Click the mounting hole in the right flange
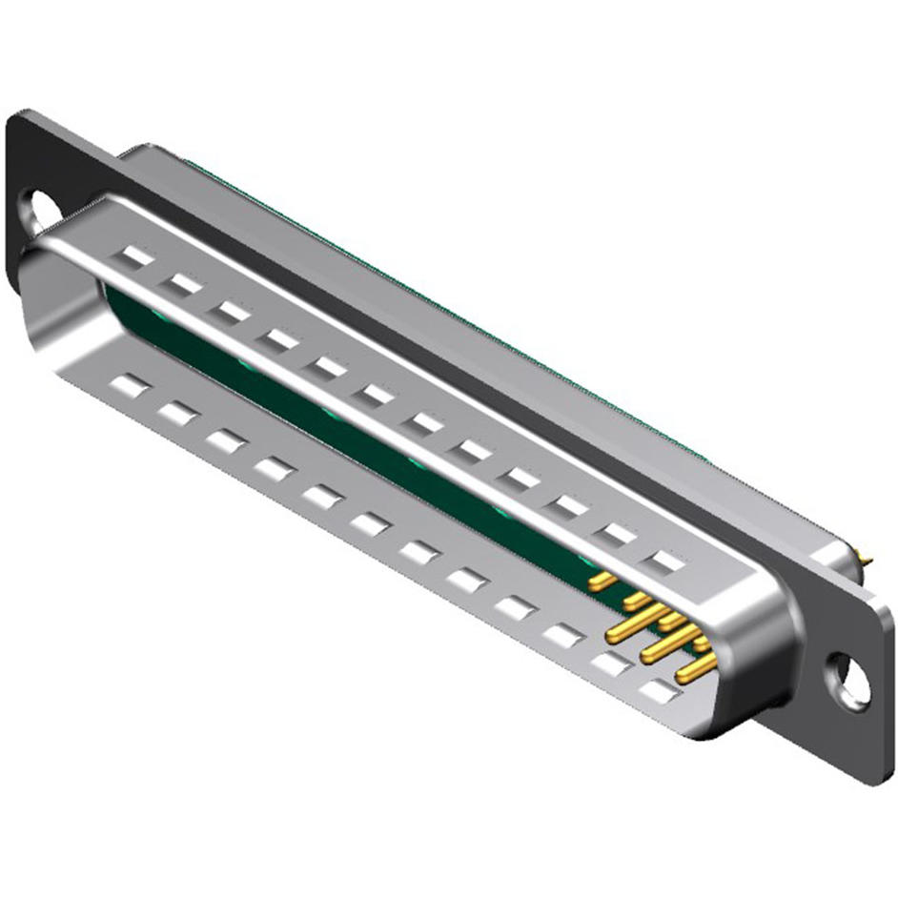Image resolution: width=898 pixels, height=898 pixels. [850, 681]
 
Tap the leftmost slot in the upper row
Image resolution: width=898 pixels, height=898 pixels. [135, 256]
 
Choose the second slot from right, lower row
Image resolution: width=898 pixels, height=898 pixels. [609, 661]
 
